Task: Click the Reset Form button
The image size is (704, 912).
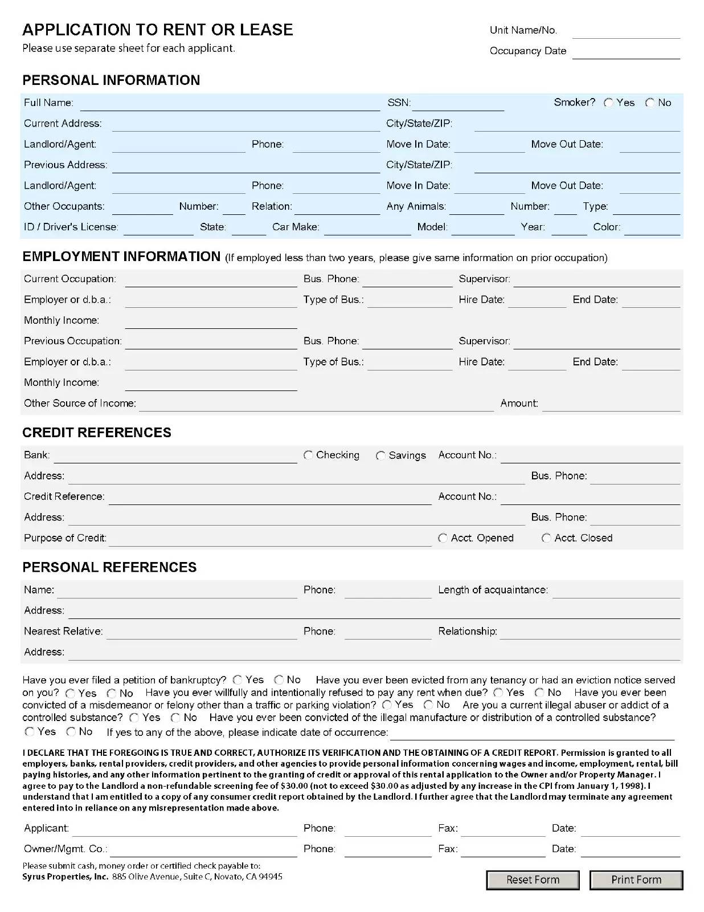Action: (533, 880)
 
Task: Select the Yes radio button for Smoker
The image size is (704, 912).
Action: (608, 103)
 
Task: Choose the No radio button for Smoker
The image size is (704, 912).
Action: (650, 103)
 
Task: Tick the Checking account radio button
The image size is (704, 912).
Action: (308, 455)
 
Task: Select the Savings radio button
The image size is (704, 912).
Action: (380, 455)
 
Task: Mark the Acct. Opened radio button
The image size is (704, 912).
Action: (443, 538)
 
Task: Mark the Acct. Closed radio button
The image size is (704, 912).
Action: (546, 538)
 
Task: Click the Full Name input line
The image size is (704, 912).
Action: (230, 104)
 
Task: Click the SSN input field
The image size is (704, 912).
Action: (458, 104)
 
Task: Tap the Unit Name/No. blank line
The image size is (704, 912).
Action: (626, 31)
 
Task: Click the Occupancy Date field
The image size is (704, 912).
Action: (626, 52)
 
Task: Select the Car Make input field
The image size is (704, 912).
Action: (367, 228)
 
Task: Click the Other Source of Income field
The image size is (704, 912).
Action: (316, 404)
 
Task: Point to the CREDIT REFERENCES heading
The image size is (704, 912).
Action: (97, 433)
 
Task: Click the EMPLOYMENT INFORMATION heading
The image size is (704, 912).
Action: (121, 256)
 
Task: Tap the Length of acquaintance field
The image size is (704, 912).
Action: (616, 591)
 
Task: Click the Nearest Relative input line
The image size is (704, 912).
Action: (202, 632)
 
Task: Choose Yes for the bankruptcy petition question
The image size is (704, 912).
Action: (238, 680)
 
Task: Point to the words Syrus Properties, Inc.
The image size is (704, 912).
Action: (65, 877)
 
